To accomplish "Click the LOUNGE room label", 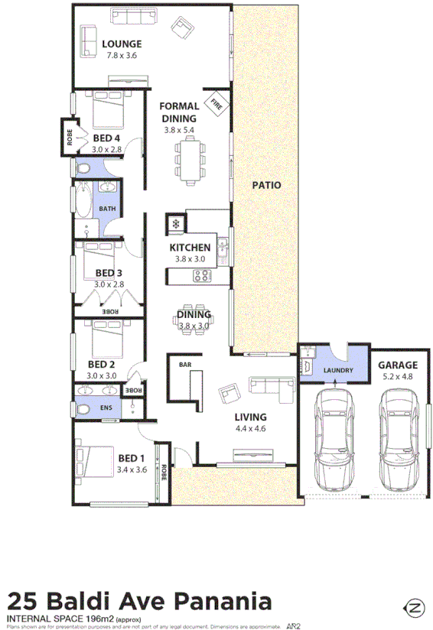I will click(x=122, y=43).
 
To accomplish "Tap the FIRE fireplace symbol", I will click(x=216, y=102).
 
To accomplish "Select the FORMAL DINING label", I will click(x=180, y=112).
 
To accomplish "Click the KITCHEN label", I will click(x=190, y=248).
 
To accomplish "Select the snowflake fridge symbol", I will click(x=175, y=224).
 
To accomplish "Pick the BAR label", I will click(x=184, y=365).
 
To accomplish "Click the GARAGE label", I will click(x=398, y=365).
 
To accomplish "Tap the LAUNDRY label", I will click(x=338, y=372).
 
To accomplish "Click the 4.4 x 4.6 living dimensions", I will click(x=250, y=429).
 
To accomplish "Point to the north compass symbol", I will click(x=415, y=609).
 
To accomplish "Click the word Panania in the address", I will click(x=222, y=601).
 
